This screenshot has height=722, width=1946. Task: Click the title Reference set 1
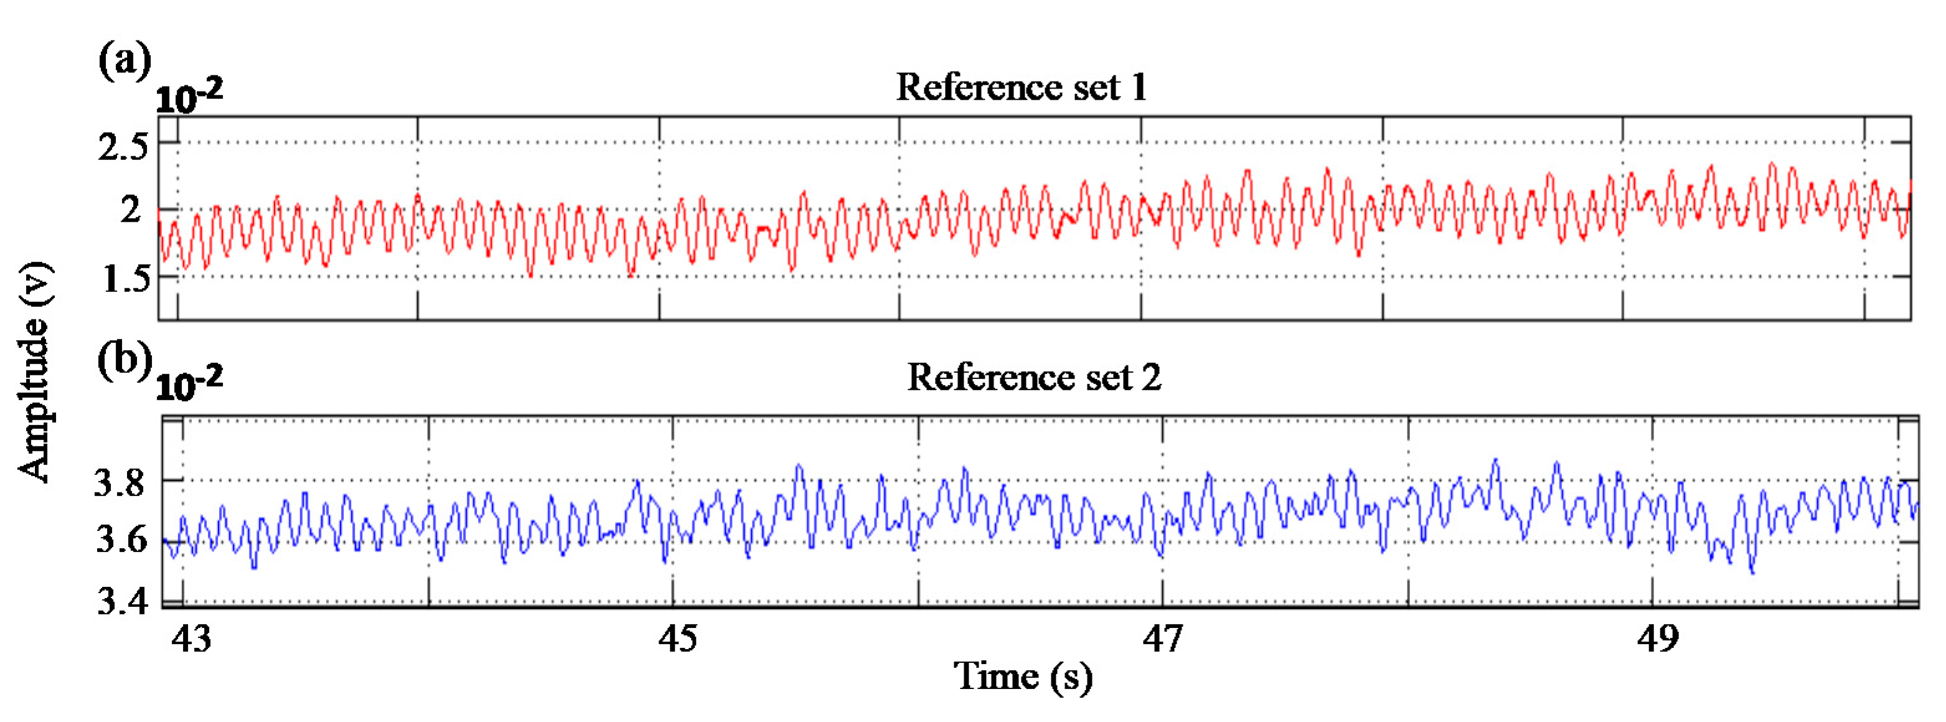point(1022,88)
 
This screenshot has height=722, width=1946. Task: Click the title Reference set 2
point(1033,377)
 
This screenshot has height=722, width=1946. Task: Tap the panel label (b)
point(125,360)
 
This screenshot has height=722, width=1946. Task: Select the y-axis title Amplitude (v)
point(35,371)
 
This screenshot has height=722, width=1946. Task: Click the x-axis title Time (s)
point(1023,676)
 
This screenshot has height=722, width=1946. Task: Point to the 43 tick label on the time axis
point(191,639)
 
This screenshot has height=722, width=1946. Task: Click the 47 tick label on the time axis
point(1163,639)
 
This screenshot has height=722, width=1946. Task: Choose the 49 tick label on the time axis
point(1658,639)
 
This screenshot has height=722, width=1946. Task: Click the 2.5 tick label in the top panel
point(123,146)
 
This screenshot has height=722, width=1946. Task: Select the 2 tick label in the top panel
point(131,209)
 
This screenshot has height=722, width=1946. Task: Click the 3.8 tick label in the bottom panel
point(120,482)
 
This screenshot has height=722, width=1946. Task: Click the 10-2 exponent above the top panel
point(189,96)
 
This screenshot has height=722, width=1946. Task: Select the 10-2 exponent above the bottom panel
point(189,385)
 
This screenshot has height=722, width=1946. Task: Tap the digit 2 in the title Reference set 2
point(1150,377)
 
